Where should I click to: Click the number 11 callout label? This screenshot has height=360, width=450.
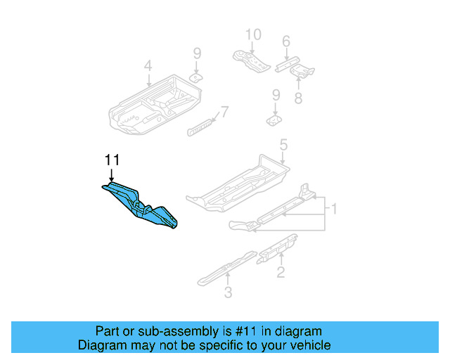point(111,160)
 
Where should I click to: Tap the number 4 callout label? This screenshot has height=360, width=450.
point(148,66)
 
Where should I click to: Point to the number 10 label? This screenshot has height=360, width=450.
point(252,34)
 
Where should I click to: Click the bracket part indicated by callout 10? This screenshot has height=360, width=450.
point(251,60)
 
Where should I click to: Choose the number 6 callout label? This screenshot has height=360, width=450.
point(286,41)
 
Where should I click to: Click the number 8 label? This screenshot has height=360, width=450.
point(298,98)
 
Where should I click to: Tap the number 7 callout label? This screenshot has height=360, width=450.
point(224,111)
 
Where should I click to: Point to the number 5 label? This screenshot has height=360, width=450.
point(283,146)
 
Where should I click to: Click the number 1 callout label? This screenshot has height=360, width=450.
point(335,209)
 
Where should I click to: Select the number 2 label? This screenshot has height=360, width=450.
point(281,272)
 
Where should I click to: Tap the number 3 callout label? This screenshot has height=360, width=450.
point(228,292)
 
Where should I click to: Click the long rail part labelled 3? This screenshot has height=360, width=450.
point(225,268)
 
